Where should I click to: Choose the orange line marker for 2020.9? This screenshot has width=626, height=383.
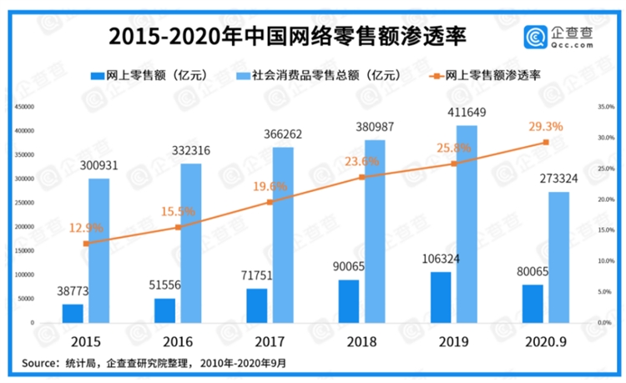546,142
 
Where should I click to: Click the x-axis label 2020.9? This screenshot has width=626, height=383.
545,342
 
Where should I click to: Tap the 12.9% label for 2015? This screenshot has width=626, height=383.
86,227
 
